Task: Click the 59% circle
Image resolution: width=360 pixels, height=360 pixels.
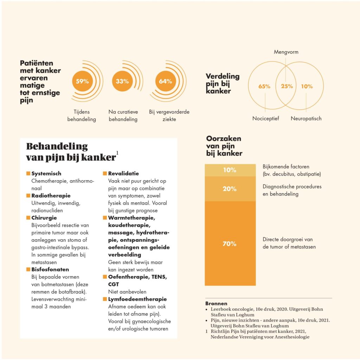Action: [x=82, y=81]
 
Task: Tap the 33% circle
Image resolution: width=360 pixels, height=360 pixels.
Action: [x=122, y=81]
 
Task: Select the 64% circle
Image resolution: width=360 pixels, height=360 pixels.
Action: [x=166, y=81]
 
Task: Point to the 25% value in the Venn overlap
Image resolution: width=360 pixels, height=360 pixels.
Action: [x=287, y=86]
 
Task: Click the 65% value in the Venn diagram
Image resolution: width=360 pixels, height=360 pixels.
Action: [x=264, y=86]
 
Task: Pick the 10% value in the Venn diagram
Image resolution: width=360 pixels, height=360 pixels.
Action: [x=307, y=86]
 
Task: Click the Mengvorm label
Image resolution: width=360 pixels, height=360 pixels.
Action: [x=286, y=52]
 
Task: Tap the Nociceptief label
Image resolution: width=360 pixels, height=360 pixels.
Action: [x=265, y=118]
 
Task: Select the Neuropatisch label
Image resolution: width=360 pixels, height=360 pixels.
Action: [x=306, y=118]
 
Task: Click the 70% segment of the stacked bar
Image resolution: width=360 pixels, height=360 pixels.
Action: [x=230, y=243]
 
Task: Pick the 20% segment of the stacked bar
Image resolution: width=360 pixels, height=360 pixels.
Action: [x=230, y=189]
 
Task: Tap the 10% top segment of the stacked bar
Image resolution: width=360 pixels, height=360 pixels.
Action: [x=230, y=170]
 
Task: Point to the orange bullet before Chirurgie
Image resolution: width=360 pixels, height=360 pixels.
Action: [x=28, y=218]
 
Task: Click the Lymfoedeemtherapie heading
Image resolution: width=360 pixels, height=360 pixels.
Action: [x=137, y=299]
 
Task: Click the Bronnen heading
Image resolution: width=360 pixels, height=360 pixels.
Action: [x=216, y=303]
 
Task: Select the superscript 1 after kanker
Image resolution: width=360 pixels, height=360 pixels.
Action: [x=117, y=153]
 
